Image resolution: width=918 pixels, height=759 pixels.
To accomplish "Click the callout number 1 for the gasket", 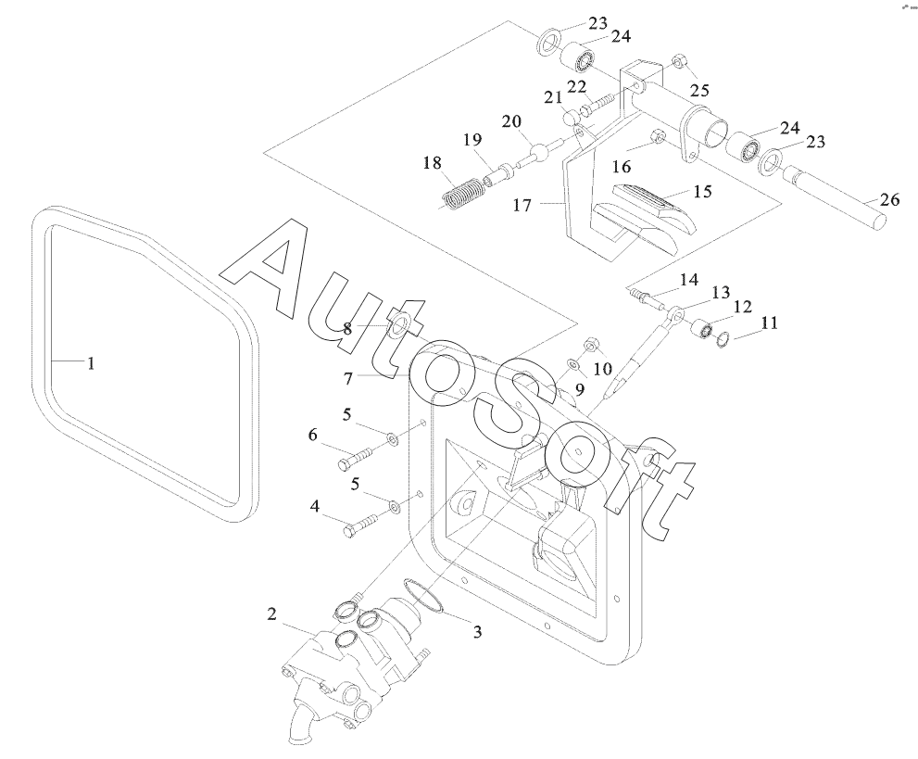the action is [91, 363].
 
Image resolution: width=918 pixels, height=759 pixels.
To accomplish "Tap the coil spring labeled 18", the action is [462, 194].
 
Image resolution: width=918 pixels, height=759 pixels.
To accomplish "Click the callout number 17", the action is [522, 206].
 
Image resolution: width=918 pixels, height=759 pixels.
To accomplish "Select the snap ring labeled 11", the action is [723, 338].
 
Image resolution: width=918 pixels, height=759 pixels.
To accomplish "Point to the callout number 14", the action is [688, 280].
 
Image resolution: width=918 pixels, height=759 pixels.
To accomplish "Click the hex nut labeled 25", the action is [680, 61].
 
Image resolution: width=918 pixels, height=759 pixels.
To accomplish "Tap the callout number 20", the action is [511, 121].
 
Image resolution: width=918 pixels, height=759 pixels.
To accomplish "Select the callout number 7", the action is [348, 378].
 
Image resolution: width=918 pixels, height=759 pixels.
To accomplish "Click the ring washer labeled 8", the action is [398, 325].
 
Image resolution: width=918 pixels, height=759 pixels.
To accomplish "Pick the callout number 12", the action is [743, 307].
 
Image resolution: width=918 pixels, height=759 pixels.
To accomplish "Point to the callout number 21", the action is [553, 97].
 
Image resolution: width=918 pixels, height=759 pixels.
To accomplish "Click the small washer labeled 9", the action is [572, 366].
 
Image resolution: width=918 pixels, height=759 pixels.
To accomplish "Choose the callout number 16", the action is [622, 167].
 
